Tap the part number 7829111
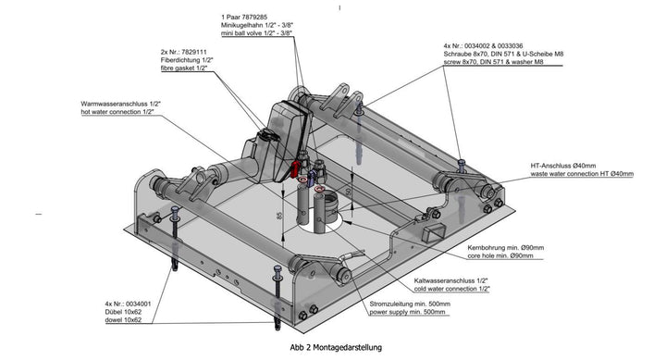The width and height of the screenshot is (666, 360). click(195, 52)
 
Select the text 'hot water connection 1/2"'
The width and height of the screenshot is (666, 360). click(122, 111)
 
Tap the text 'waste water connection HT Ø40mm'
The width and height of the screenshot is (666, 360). click(595, 173)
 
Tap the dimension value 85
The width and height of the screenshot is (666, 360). click(279, 217)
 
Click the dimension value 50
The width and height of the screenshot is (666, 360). click(347, 192)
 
